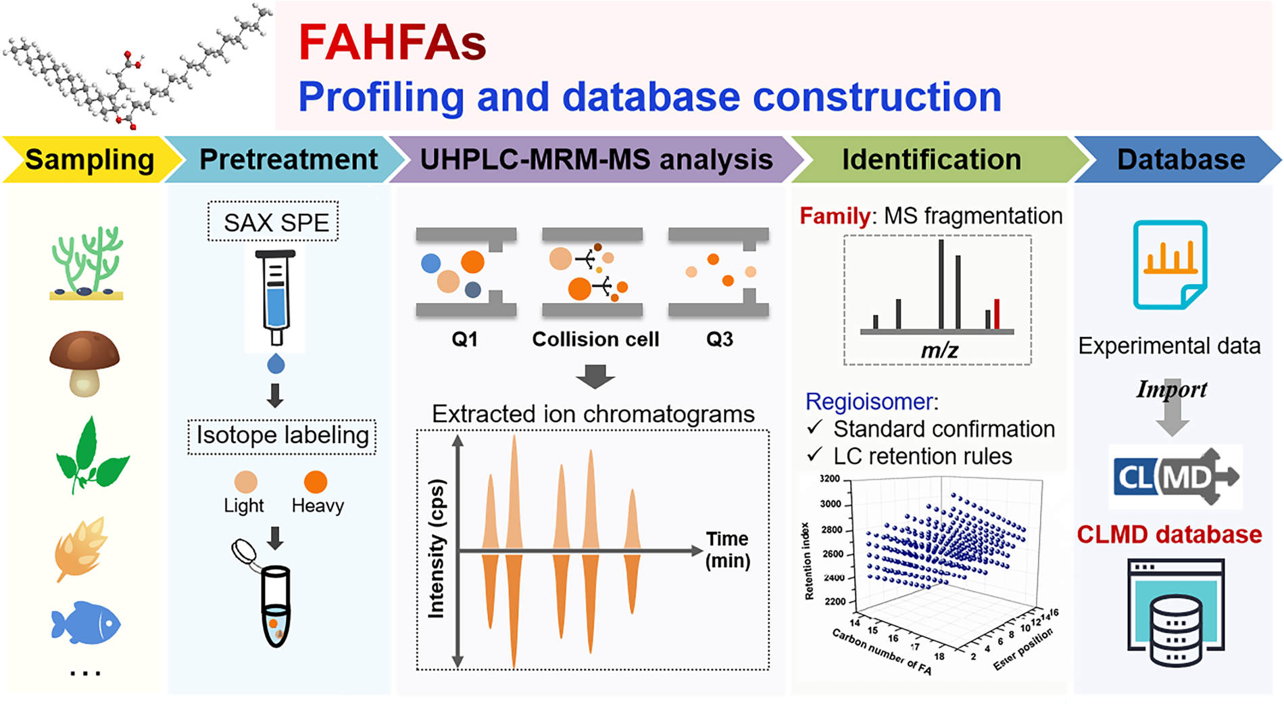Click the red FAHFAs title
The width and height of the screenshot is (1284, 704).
pos(392,42)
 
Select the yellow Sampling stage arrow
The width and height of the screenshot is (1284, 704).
pos(89,160)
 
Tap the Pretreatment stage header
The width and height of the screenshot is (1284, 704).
pos(288,160)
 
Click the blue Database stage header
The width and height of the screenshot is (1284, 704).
pos(1180,160)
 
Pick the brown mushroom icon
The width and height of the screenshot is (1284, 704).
pos(84,362)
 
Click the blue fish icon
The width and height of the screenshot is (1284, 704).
pos(86,622)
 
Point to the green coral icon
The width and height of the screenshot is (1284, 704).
pos(87,264)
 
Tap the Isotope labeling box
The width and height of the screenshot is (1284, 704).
pos(282,435)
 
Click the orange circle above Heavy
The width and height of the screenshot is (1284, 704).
pos(316,482)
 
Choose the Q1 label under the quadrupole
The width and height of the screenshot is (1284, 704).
pos(464,339)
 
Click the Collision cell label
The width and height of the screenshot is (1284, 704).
pos(595,339)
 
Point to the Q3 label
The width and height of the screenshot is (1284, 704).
pos(719,339)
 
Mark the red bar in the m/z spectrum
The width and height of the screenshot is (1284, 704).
pos(997,314)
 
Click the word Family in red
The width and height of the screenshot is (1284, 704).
pos(835,216)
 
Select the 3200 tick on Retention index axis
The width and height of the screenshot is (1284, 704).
pos(829,479)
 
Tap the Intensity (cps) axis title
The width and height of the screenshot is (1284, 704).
pos(437,548)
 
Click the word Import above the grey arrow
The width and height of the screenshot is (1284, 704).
pos(1172,389)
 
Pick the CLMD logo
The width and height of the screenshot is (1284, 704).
pos(1175,477)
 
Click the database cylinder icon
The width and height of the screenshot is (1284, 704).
pos(1176,629)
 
